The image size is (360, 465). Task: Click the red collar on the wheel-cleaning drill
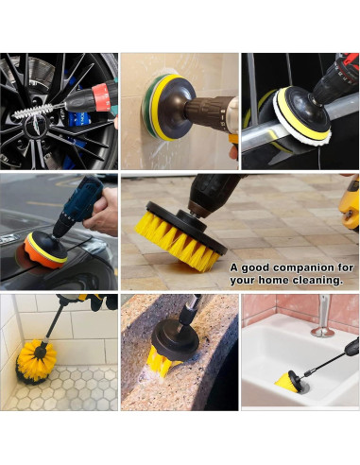102,96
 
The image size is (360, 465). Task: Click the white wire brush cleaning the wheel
34,111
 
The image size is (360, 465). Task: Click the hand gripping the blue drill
101,212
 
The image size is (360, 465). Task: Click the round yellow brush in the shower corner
36,361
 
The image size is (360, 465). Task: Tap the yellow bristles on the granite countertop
162,361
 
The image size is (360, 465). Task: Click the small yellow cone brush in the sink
286,385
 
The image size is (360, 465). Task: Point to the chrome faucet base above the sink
322,332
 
